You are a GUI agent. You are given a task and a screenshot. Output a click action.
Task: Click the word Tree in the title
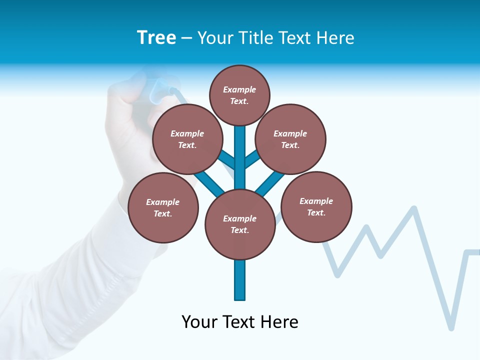point(156,38)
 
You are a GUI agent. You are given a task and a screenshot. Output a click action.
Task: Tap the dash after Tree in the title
point(186,39)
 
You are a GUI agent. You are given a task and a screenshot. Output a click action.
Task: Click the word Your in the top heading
point(214,38)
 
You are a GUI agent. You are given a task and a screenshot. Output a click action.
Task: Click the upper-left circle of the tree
point(187,139)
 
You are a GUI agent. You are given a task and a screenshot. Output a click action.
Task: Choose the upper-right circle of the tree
point(290,139)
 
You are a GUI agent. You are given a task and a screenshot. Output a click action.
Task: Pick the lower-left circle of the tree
point(163,208)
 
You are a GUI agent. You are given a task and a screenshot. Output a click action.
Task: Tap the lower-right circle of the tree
point(316,207)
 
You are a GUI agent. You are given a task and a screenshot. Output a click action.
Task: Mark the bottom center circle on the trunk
point(240,224)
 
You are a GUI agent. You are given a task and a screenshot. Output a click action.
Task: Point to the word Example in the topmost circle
point(239,90)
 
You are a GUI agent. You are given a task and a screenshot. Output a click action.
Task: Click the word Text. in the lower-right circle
point(316,213)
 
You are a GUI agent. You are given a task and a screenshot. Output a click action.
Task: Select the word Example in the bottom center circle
point(239,219)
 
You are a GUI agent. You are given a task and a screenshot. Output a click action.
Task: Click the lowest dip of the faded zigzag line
point(451,328)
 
